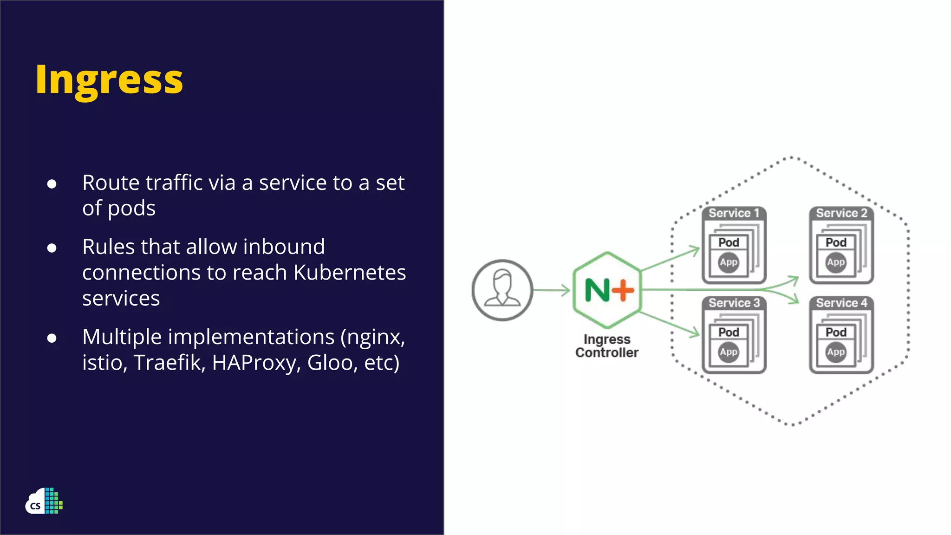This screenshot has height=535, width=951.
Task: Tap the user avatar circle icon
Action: pos(502,290)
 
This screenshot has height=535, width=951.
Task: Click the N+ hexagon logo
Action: pos(608,290)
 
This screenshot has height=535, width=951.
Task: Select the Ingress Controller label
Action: pos(607,346)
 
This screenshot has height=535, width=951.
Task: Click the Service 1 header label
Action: pos(734,213)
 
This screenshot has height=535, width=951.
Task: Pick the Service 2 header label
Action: pos(841,213)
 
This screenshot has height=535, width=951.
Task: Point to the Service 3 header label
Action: pos(734,303)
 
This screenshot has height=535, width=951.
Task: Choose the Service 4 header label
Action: pos(841,303)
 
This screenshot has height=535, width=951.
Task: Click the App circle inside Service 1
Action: pos(729,262)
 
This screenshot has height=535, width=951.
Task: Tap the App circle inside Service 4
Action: pos(836,352)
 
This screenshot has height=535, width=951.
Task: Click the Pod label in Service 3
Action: pos(729,332)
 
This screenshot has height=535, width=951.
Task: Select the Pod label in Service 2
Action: pos(836,242)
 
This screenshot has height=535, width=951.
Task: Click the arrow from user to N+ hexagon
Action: pos(552,290)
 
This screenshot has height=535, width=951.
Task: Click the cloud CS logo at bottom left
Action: pos(44,501)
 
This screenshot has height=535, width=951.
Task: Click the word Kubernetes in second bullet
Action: pos(350,272)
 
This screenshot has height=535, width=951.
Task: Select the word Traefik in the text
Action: pos(169,363)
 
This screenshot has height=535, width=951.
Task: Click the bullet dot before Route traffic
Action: pos(52,184)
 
